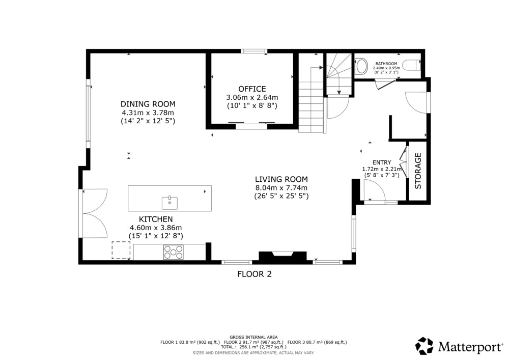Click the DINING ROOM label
(148, 104)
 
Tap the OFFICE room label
(252, 89)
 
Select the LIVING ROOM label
(281, 179)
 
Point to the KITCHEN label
(156, 219)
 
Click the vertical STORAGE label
(418, 171)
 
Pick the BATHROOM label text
(386, 64)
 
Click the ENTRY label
(382, 162)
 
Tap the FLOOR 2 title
(254, 274)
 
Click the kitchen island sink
(170, 203)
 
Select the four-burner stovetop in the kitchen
(174, 252)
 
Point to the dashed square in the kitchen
(121, 250)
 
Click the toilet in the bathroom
(413, 65)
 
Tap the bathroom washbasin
(360, 66)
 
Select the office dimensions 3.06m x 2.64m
(252, 97)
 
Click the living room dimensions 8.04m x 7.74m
(281, 187)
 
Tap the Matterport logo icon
(425, 346)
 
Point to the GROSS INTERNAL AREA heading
(253, 337)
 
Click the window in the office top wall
(254, 51)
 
